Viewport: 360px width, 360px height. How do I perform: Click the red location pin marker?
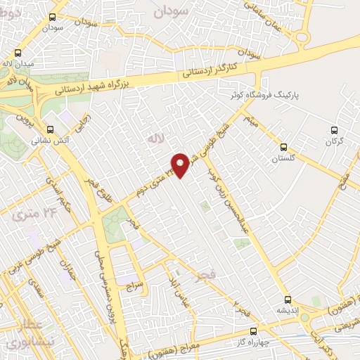(x=181, y=165)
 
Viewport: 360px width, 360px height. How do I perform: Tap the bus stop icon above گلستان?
(x=283, y=148)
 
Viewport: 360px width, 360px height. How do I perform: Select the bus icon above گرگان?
(x=335, y=130)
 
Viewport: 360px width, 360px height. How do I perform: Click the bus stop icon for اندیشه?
(x=288, y=299)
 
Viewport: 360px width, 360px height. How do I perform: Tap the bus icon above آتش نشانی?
(x=50, y=129)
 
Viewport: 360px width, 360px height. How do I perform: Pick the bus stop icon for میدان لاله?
(x=18, y=53)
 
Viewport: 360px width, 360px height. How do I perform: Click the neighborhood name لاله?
(x=153, y=139)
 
